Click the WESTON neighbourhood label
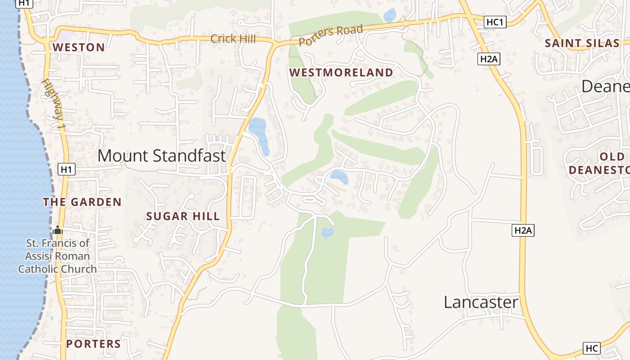[79, 47]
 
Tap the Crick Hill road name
[233, 39]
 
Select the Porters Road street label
[331, 36]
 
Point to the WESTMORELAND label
[341, 72]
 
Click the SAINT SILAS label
[582, 43]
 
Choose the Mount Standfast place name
[162, 156]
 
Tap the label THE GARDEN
[82, 202]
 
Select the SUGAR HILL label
[183, 216]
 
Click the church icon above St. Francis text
[57, 230]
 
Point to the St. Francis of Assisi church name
[57, 256]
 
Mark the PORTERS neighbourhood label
[94, 344]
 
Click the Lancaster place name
[481, 302]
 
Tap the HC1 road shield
[495, 22]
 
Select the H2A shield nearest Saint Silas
[489, 58]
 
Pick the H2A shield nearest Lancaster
[523, 230]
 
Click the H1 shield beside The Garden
[67, 170]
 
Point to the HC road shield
[592, 348]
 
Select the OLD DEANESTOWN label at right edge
[598, 163]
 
